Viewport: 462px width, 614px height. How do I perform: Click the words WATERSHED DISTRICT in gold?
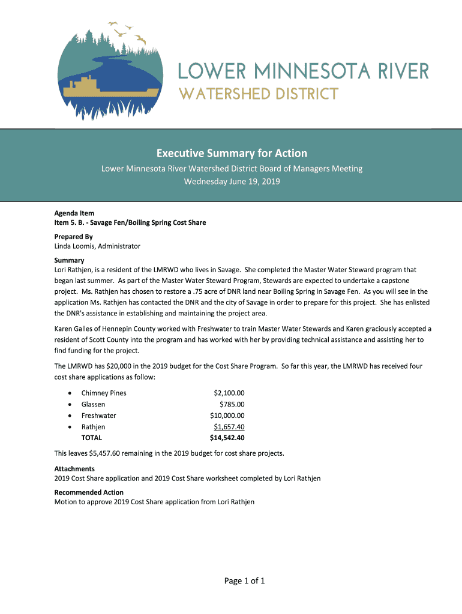pyautogui.click(x=258, y=94)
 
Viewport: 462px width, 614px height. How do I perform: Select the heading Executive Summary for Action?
pyautogui.click(x=232, y=153)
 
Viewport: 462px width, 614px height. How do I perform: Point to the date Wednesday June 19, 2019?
pyautogui.click(x=232, y=182)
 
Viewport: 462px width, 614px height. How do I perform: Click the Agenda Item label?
pyautogui.click(x=74, y=213)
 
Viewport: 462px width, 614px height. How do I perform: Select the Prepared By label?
pyautogui.click(x=73, y=237)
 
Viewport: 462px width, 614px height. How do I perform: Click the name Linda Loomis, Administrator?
pyautogui.click(x=97, y=246)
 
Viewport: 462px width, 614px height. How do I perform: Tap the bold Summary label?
pyautogui.click(x=69, y=260)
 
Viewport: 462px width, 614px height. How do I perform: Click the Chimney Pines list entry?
pyautogui.click(x=104, y=393)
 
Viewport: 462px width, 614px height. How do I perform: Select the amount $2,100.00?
pyautogui.click(x=229, y=393)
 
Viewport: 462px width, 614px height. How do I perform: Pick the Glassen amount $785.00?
pyautogui.click(x=232, y=405)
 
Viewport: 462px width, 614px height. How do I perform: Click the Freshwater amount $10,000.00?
pyautogui.click(x=227, y=416)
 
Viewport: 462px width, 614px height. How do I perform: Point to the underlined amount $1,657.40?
pyautogui.click(x=229, y=427)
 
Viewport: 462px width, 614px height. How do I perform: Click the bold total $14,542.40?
pyautogui.click(x=227, y=438)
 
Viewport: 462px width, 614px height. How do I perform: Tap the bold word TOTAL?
pyautogui.click(x=92, y=438)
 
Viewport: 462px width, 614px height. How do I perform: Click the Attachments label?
pyautogui.click(x=74, y=468)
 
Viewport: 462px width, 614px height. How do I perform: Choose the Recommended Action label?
pyautogui.click(x=89, y=492)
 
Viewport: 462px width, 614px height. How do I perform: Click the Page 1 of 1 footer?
pyautogui.click(x=232, y=580)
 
